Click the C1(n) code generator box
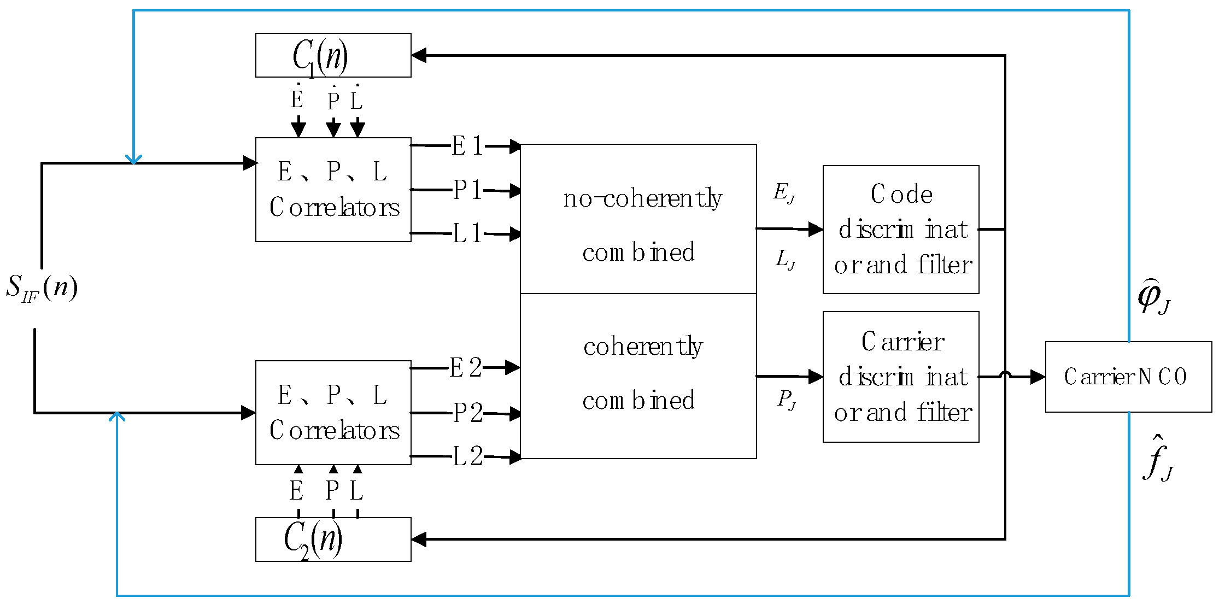pyautogui.click(x=333, y=55)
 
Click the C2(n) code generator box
pyautogui.click(x=333, y=540)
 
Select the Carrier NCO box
pyautogui.click(x=1128, y=377)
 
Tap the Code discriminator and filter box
pyautogui.click(x=900, y=230)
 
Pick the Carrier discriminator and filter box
pyautogui.click(x=900, y=377)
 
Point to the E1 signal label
pyautogui.click(x=467, y=146)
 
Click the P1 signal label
pyautogui.click(x=467, y=190)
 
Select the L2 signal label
pyautogui.click(x=467, y=456)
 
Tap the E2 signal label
pyautogui.click(x=466, y=368)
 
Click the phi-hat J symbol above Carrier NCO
pyautogui.click(x=1153, y=297)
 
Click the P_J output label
pyautogui.click(x=787, y=400)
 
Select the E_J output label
pyautogui.click(x=784, y=193)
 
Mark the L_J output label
pyautogui.click(x=786, y=259)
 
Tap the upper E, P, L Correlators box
pyautogui.click(x=333, y=190)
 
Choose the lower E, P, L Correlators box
pyautogui.click(x=333, y=413)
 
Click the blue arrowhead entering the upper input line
pyautogui.click(x=133, y=159)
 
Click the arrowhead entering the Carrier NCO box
pyautogui.click(x=1038, y=377)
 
